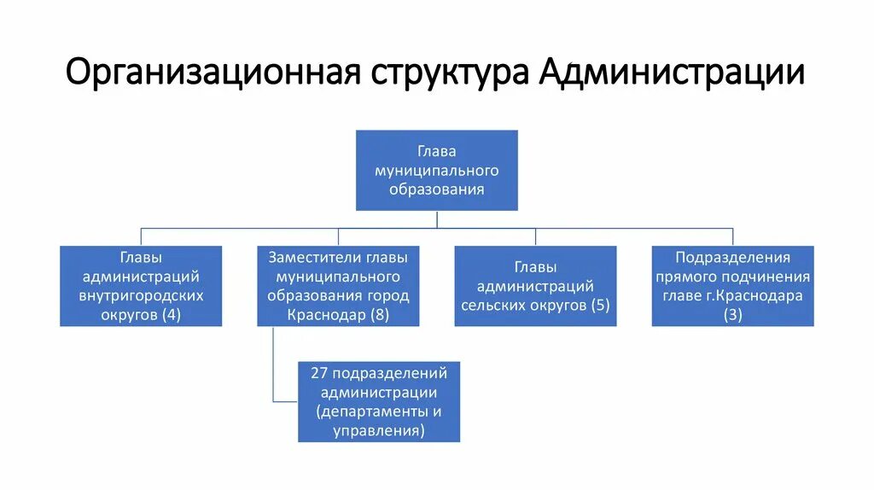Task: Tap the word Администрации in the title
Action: pos(673,73)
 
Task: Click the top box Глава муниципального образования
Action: pos(436,170)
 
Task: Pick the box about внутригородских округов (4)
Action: pos(141,286)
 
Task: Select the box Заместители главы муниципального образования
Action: pos(338,286)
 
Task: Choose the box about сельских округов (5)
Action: pos(535,286)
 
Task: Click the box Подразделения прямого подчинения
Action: pos(732,286)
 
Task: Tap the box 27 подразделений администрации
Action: pos(378,402)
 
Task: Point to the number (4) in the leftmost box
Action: pos(170,315)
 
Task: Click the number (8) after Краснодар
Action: pos(380,315)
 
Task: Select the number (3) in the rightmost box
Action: pos(732,315)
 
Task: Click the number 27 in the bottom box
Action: pos(318,373)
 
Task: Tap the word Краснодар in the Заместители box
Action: pos(325,315)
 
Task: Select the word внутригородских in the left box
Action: pos(141,295)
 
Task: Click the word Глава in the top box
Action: pos(436,151)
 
